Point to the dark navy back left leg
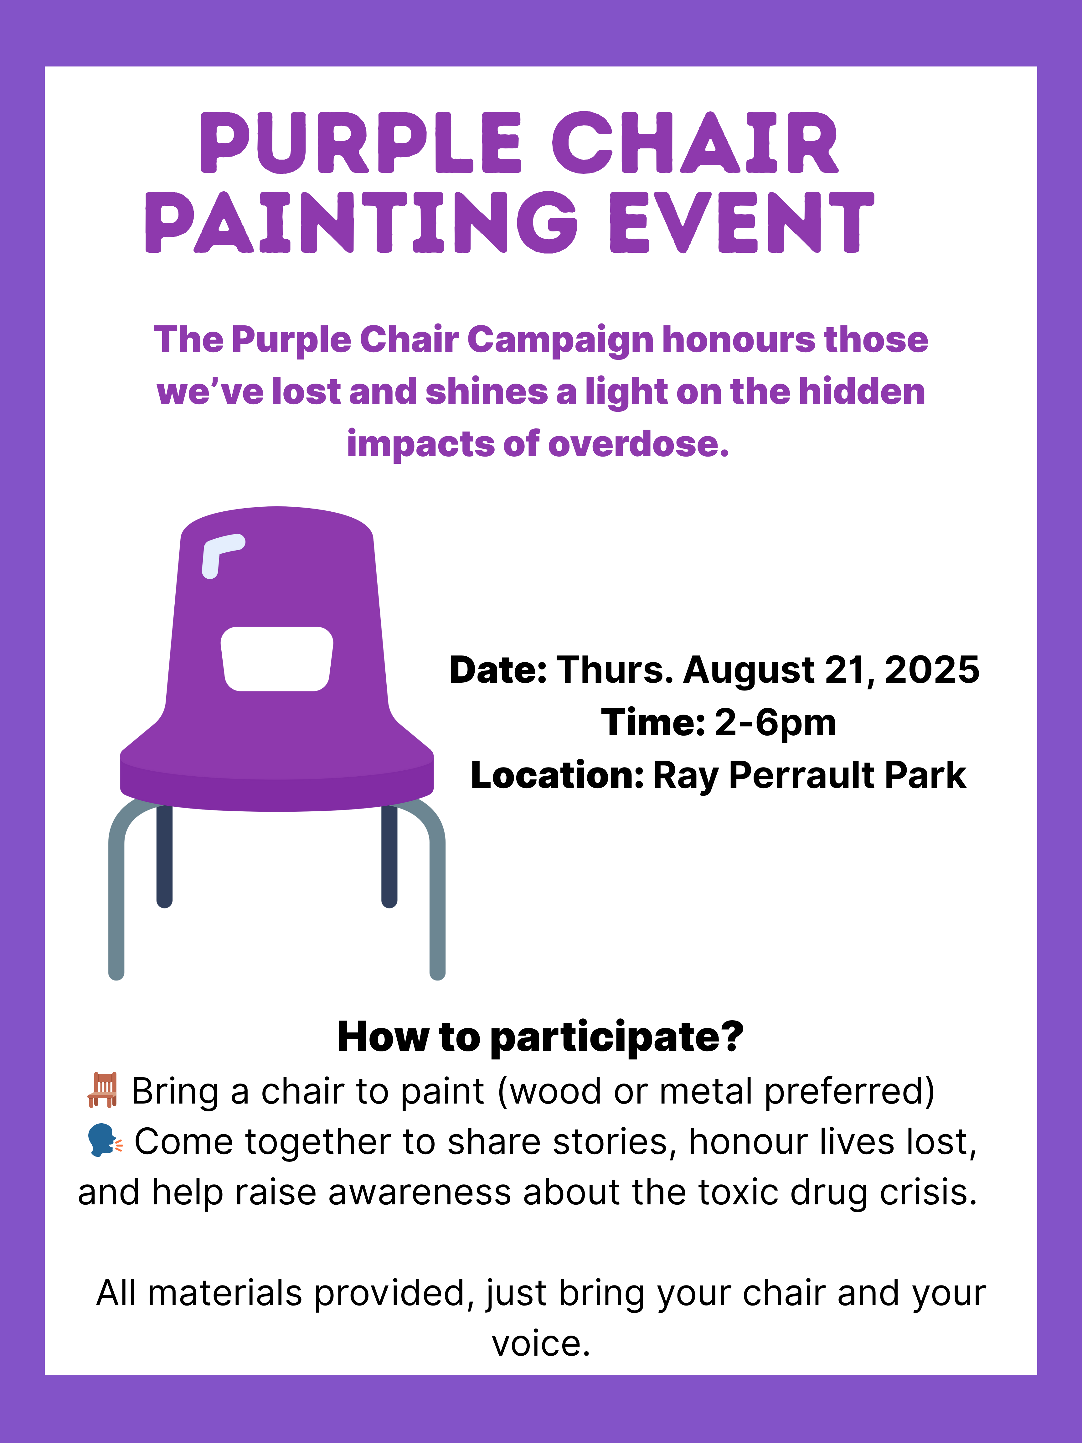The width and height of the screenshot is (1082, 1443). tap(164, 856)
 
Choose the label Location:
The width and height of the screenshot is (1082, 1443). tap(558, 776)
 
